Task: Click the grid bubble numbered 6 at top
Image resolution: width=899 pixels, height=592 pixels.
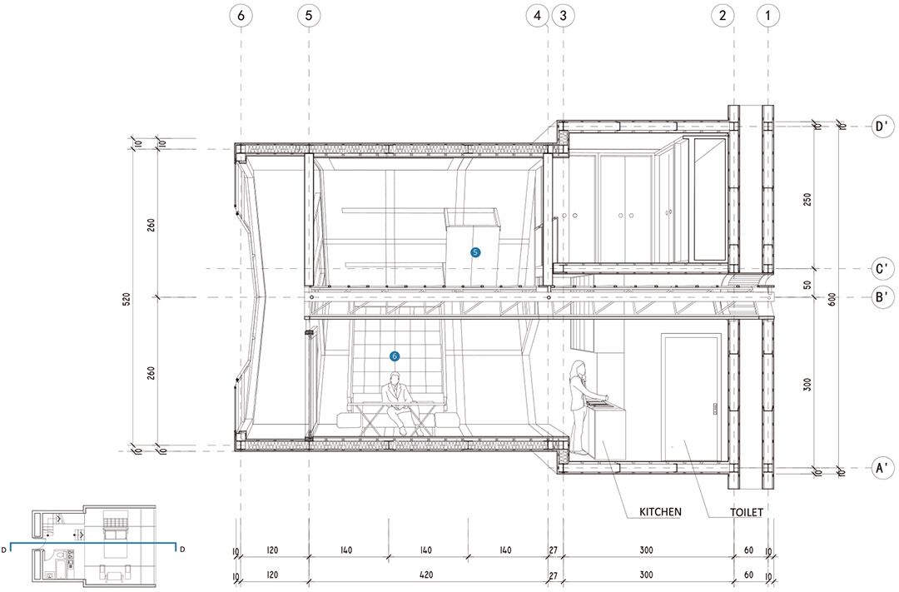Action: (241, 16)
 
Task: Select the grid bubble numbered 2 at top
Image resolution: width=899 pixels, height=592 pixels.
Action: (723, 16)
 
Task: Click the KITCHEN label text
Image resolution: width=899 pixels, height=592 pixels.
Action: (660, 512)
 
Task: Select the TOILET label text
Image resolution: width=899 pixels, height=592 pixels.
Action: (747, 512)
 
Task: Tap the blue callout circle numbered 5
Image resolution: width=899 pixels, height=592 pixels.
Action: (475, 252)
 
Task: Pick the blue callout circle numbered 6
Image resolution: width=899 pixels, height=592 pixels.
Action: (395, 356)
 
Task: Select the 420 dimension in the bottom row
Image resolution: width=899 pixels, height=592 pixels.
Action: (426, 575)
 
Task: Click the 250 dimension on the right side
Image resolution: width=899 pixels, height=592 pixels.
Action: (807, 200)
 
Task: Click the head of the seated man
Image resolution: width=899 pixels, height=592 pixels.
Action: (395, 379)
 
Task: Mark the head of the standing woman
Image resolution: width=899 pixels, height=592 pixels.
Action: (579, 368)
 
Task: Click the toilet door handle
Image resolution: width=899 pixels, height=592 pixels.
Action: (715, 409)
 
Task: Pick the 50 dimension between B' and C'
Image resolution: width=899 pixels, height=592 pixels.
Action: (807, 284)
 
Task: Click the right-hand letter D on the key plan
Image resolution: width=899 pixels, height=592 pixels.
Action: (182, 550)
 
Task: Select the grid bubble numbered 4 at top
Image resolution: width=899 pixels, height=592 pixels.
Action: (537, 16)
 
